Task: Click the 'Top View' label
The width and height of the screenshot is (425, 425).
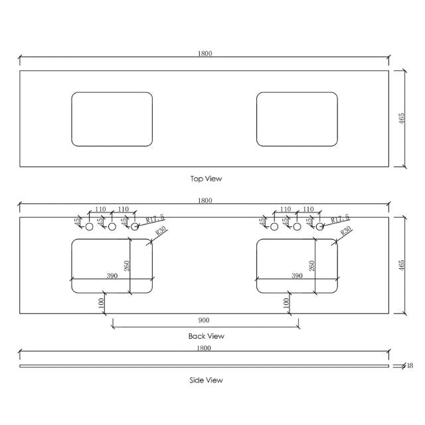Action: point(206,179)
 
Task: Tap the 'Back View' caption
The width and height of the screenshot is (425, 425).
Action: point(207,336)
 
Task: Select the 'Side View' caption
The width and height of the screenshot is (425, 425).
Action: point(206,381)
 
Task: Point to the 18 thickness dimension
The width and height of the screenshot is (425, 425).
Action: point(410,366)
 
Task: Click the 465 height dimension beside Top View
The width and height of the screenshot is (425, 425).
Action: point(401,119)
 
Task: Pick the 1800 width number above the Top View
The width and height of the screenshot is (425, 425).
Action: point(205,54)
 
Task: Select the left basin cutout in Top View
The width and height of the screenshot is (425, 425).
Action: point(112,119)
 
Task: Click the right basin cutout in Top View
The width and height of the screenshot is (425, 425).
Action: point(297,119)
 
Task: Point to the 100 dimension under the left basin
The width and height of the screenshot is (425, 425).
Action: point(100,302)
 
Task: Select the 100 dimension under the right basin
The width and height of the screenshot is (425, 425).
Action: point(285,302)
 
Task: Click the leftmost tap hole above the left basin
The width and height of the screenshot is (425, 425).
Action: point(90,227)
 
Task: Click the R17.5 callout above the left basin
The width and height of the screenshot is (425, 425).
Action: point(154,218)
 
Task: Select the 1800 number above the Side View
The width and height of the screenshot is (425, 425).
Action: point(205,348)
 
